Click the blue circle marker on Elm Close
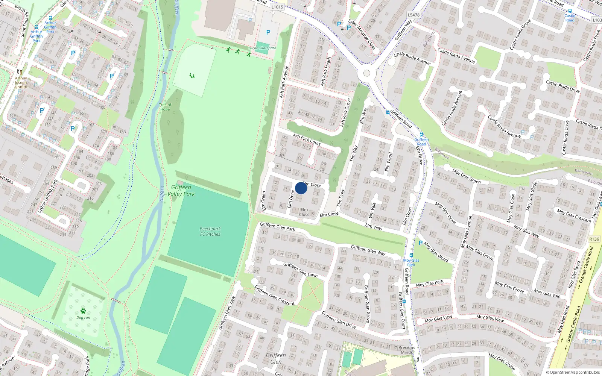pos(301,188)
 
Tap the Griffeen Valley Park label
pos(181,191)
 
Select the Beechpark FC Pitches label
pos(210,231)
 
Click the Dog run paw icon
pos(83,311)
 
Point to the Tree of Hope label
pos(165,107)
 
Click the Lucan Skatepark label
pos(262,48)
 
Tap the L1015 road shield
pos(277,7)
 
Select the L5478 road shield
pos(413,15)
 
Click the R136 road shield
pos(594,239)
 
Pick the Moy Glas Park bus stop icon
pos(411,255)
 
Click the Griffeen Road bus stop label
pos(421,142)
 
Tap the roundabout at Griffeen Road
pos(366,73)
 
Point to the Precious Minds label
pos(407,350)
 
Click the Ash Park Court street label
pos(307,139)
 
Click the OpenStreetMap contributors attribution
pos(573,372)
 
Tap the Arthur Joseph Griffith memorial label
pos(21,83)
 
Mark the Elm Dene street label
pos(290,199)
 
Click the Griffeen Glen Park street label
pos(277,226)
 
